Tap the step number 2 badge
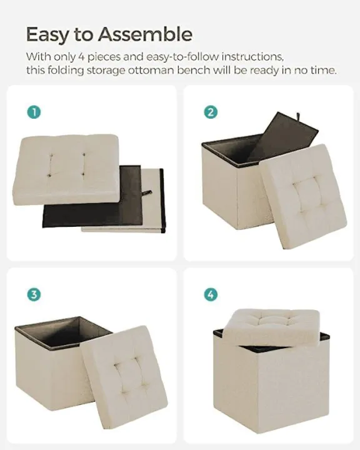(211, 112)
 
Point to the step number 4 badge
(211, 294)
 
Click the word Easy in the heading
(51, 34)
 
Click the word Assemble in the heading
(149, 34)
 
